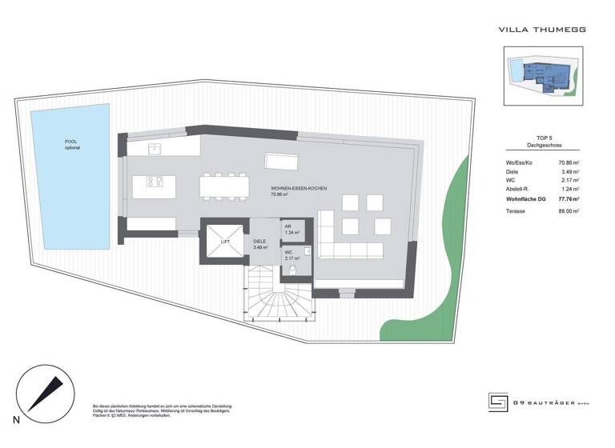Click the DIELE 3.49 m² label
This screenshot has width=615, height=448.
pyautogui.click(x=261, y=245)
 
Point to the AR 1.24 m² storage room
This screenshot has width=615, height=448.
pyautogui.click(x=291, y=230)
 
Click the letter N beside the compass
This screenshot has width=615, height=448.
pyautogui.click(x=15, y=420)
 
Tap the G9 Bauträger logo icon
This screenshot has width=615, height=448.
pyautogui.click(x=499, y=402)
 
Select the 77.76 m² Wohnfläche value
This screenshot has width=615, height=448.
pyautogui.click(x=569, y=198)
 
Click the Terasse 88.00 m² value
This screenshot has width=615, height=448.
pyautogui.click(x=569, y=211)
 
